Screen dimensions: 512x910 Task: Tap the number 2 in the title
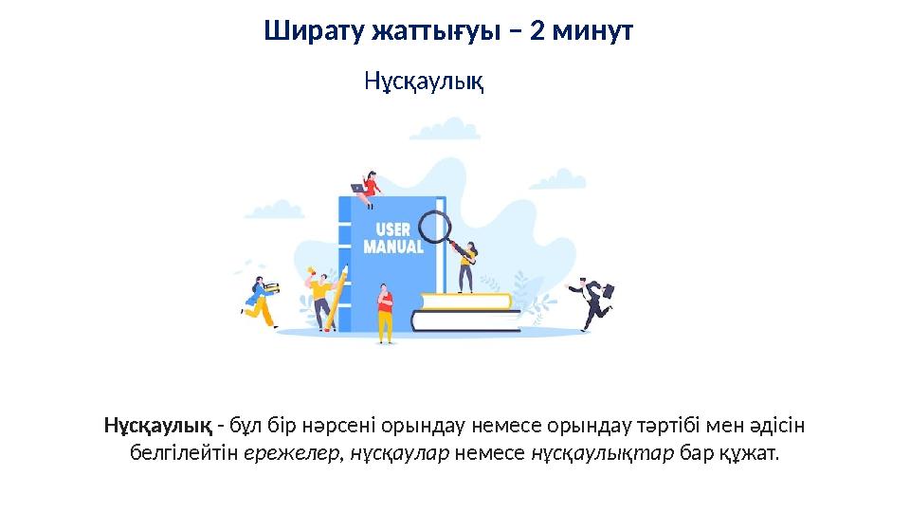(537, 32)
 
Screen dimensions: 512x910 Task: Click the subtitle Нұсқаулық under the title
(424, 82)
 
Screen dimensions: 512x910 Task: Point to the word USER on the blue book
(393, 230)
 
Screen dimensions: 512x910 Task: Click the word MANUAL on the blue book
(393, 247)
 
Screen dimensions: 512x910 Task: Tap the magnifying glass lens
(433, 226)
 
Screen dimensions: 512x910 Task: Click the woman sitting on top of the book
(371, 189)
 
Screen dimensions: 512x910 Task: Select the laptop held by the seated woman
(359, 188)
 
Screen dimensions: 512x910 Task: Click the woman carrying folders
(260, 302)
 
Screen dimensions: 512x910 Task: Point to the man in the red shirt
(385, 313)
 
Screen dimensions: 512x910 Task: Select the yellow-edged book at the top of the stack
(467, 302)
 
